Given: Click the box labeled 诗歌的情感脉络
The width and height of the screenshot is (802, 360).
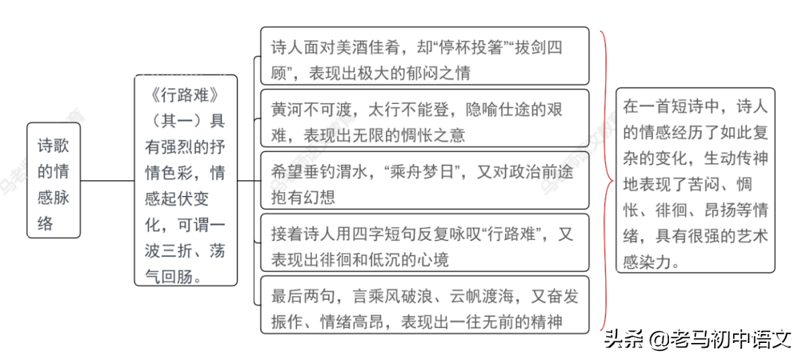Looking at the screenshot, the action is (53, 180).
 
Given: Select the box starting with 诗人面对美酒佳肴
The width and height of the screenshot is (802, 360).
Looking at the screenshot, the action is (425, 56).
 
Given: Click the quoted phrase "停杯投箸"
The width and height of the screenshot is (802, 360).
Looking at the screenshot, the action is (451, 48).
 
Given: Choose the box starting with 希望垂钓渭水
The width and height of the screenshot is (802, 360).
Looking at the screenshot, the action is (425, 180).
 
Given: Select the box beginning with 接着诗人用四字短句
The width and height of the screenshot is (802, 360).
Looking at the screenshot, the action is (425, 243).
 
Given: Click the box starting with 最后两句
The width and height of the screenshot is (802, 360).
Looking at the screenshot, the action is (425, 305).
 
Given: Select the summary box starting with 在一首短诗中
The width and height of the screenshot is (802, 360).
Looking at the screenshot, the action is (696, 180).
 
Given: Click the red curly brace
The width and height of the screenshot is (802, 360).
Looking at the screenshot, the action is (607, 180).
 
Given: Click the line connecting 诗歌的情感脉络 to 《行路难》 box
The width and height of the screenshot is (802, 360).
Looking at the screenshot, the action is (108, 180).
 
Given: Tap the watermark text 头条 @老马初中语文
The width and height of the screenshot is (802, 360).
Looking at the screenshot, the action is (697, 338).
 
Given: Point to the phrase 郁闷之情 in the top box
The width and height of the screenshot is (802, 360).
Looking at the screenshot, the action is (443, 73).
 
